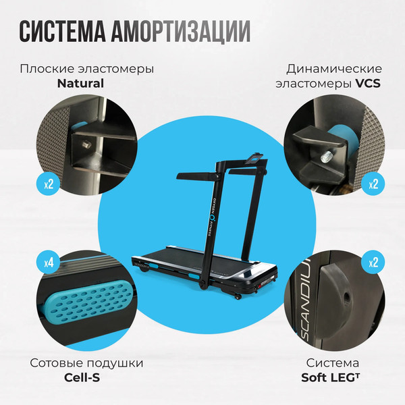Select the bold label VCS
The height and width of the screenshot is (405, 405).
tap(369, 84)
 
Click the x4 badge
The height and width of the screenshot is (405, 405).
tap(49, 261)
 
